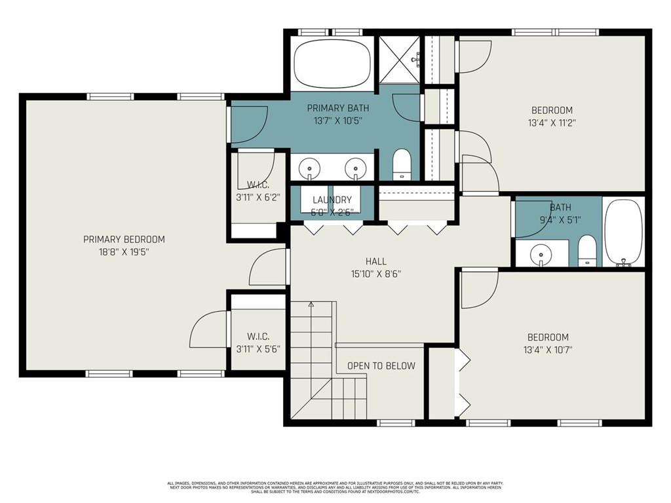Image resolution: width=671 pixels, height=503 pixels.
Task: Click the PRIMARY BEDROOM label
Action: point(124,240)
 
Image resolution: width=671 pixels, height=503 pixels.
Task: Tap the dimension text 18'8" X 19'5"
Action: point(124,251)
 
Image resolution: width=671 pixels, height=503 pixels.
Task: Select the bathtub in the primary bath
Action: point(332,64)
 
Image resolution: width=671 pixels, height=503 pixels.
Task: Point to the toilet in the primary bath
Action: point(401,164)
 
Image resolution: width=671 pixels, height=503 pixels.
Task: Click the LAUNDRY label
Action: point(332,200)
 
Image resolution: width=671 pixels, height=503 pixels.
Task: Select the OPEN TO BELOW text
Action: point(381,366)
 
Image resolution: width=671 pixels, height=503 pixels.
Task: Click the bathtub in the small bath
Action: point(623,233)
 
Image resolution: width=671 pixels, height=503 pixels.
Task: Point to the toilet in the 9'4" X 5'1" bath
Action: point(587,250)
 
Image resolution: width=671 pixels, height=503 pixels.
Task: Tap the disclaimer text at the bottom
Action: point(335,487)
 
